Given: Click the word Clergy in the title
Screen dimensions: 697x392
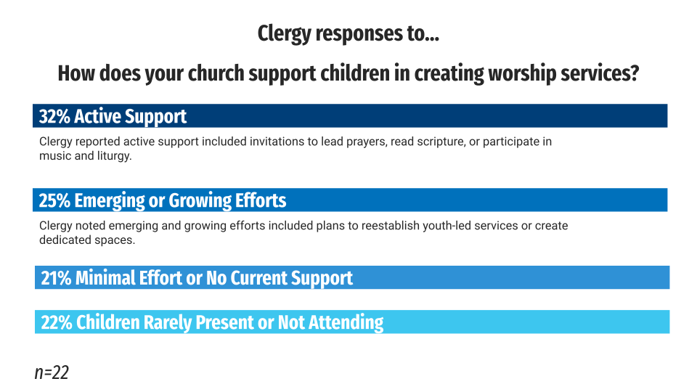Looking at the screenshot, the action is tap(284, 34).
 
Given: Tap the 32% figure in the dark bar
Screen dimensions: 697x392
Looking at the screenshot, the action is tap(54, 116).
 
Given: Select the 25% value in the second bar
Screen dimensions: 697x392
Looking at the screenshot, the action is tap(54, 201).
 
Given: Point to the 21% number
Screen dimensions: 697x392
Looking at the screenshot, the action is tap(56, 278).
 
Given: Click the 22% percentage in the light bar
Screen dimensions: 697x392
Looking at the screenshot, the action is tap(57, 322).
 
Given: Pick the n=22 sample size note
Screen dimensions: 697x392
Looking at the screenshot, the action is tap(52, 372).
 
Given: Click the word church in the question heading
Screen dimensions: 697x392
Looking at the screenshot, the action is tap(216, 74).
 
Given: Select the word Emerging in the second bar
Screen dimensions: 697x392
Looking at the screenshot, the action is tap(110, 201).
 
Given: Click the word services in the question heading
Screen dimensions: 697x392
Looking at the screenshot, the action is tap(600, 74).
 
